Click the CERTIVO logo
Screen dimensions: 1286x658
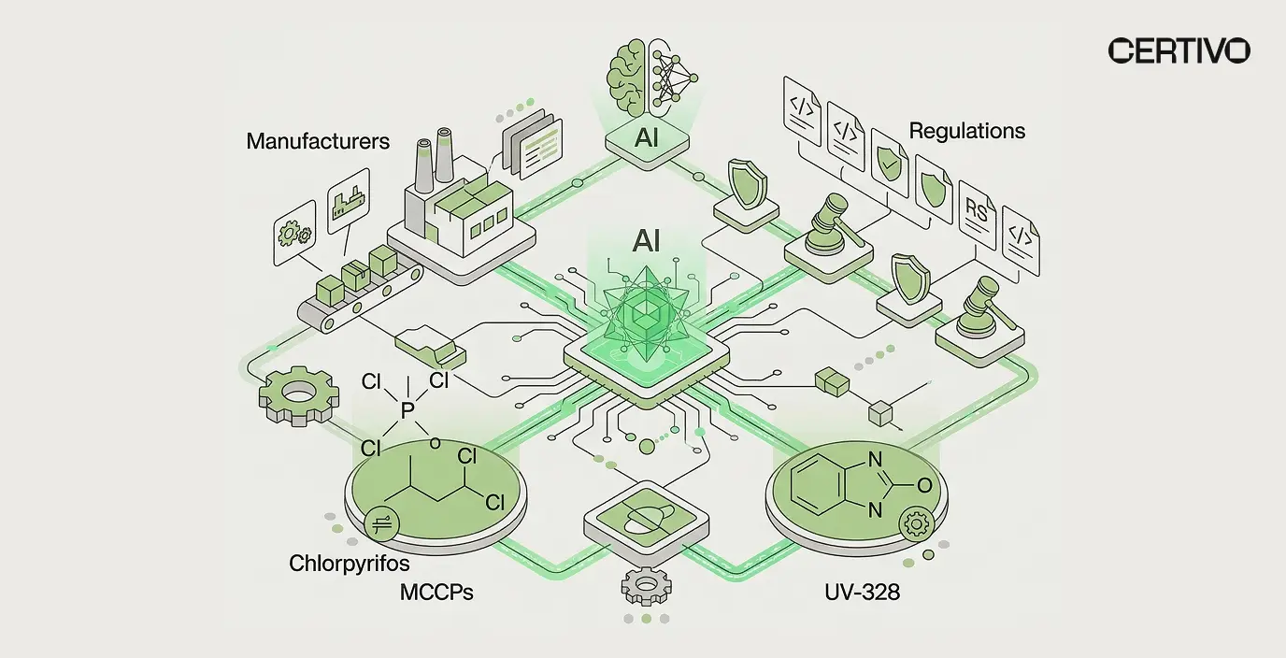[x=1179, y=50]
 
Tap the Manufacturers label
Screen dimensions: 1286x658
[x=318, y=141]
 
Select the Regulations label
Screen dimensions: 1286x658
[x=966, y=131]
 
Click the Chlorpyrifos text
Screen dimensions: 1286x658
[x=349, y=564]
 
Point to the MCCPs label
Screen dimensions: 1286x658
[x=436, y=592]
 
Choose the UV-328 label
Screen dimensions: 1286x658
[x=862, y=592]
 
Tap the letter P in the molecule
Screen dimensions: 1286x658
[x=407, y=410]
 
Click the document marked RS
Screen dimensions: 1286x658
[x=977, y=215]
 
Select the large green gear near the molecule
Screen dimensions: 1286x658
[x=298, y=395]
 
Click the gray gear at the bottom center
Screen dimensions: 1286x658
[x=647, y=586]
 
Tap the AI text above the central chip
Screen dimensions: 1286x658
[x=646, y=241]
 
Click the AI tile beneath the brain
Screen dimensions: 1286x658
[x=647, y=141]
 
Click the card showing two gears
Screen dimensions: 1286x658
[x=294, y=233]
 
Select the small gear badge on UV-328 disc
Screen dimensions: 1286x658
[x=916, y=523]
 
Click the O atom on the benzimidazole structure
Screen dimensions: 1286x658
[x=924, y=486]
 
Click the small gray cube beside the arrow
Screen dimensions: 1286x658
[x=880, y=414]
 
